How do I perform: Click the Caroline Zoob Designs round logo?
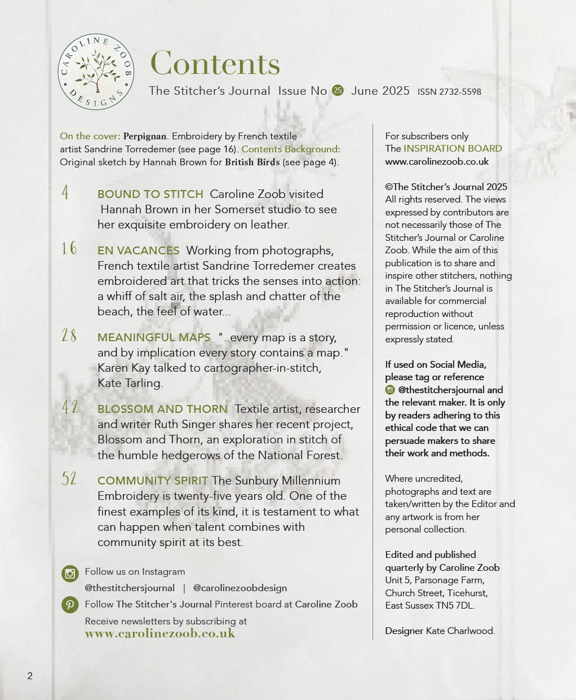tap(96, 72)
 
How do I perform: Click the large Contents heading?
tap(215, 63)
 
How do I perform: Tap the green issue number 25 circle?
tap(338, 90)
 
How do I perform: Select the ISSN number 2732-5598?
tap(449, 92)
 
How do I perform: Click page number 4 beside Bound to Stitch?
tap(65, 193)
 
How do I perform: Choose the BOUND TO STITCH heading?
tap(150, 194)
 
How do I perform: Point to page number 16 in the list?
tap(69, 248)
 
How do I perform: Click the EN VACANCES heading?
tap(138, 250)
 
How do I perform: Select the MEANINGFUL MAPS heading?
tap(154, 337)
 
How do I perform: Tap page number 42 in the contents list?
tap(70, 407)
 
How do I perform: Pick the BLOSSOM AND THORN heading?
tap(162, 409)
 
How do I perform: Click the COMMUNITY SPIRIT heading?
tap(153, 481)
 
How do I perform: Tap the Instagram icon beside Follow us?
tap(70, 574)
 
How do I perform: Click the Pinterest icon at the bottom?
tap(70, 605)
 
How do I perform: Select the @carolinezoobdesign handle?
tap(240, 588)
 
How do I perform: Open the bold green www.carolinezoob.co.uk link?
tap(160, 633)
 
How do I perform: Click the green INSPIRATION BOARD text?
tap(453, 148)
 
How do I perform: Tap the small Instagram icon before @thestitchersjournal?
tap(390, 390)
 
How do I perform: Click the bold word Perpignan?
tap(145, 136)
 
